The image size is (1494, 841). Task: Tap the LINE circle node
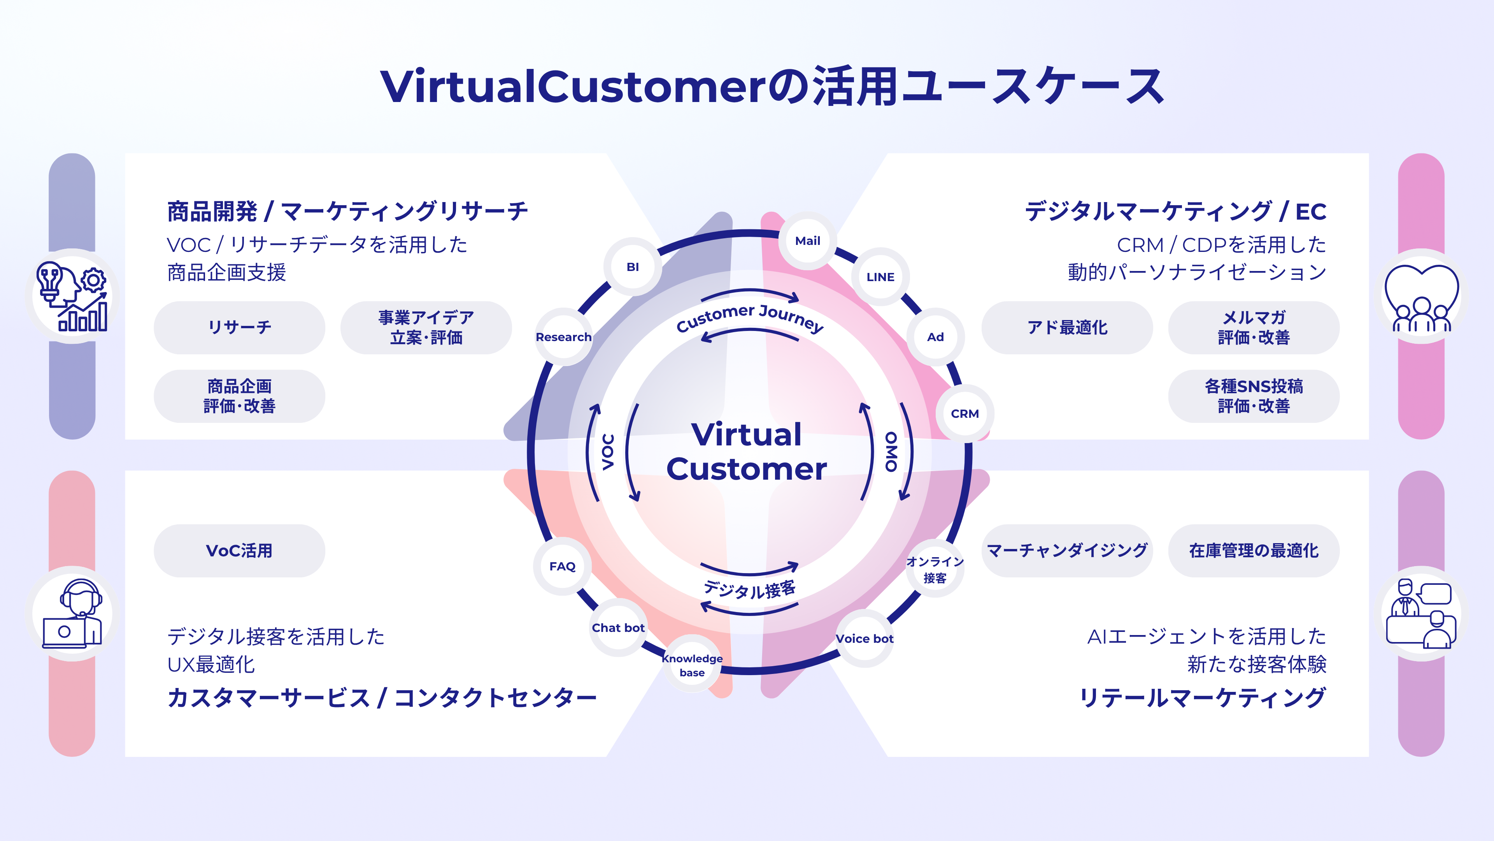pos(880,277)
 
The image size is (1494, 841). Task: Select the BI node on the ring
pos(633,267)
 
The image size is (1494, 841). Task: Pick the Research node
pos(563,337)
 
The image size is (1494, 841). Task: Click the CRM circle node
pos(965,413)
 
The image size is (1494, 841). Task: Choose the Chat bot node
pos(618,627)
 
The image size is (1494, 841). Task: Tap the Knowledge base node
pos(693,665)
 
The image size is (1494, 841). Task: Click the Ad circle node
pos(935,337)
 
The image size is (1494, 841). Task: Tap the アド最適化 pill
pos(1067,327)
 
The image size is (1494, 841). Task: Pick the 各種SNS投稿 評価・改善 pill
pos(1254,396)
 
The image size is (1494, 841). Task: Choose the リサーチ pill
pos(240,327)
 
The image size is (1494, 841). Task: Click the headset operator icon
pos(72,614)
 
